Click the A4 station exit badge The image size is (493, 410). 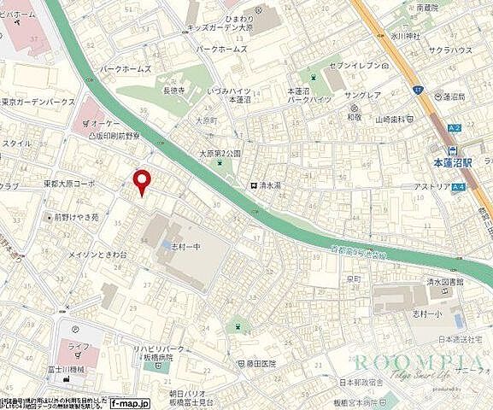point(459,187)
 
